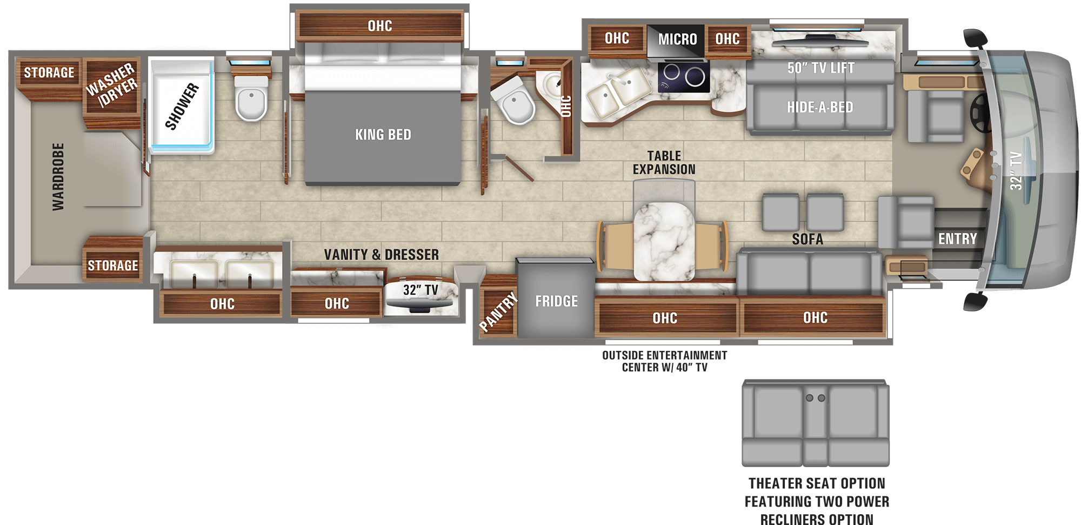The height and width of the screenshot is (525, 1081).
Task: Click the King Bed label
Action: click(383, 135)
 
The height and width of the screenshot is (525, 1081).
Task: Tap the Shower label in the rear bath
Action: click(182, 107)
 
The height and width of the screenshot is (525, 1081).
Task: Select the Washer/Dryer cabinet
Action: click(112, 85)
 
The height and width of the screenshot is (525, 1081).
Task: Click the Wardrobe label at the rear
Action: click(58, 177)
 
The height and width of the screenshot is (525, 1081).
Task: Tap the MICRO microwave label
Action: click(677, 39)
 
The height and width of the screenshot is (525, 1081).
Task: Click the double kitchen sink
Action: click(617, 90)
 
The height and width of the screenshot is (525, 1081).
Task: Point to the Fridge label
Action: click(556, 301)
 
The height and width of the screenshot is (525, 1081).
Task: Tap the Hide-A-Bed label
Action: click(819, 107)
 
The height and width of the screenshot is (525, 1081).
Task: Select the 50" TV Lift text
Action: click(820, 68)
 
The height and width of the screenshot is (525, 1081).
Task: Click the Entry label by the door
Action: click(957, 238)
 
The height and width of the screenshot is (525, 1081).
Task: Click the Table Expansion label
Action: click(664, 163)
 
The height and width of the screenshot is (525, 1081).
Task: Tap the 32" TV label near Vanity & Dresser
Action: click(421, 290)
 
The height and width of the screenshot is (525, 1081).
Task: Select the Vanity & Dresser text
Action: click(381, 255)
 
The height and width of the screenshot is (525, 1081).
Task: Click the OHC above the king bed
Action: click(379, 26)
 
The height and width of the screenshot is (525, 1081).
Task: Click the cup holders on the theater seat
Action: click(815, 398)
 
